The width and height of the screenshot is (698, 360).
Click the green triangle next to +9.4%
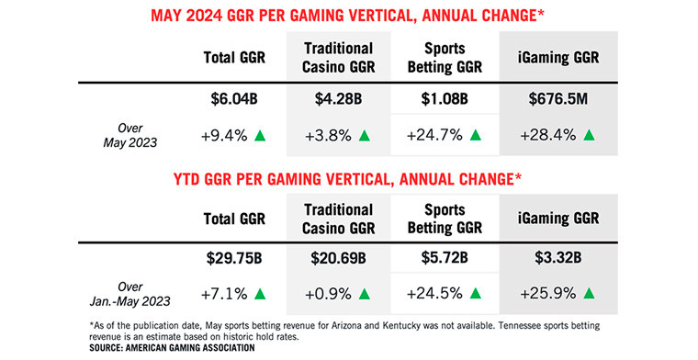coord(260,136)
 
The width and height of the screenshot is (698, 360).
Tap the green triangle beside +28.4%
coord(589,136)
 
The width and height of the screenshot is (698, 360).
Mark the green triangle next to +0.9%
coord(365,295)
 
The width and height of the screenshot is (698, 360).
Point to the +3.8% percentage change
coord(326,136)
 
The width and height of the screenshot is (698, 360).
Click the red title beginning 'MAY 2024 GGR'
coord(350,15)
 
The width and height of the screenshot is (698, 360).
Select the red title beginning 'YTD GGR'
coord(350,176)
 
